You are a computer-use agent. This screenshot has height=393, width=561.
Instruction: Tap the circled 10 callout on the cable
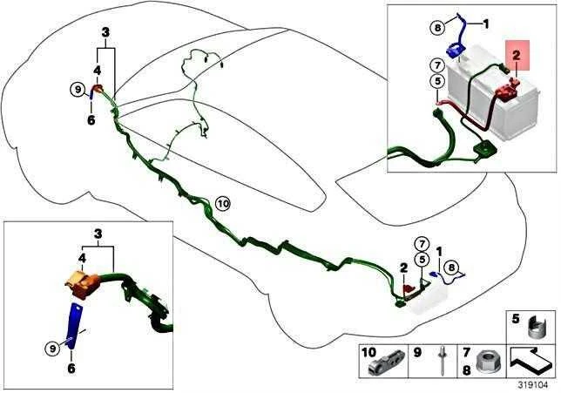point(223,204)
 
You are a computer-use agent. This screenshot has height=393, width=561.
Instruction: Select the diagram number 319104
point(533,385)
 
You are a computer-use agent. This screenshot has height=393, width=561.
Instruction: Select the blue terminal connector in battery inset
point(456,50)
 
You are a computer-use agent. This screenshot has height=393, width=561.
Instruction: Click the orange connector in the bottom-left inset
point(83,282)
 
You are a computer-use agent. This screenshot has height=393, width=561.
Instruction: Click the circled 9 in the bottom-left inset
point(52,349)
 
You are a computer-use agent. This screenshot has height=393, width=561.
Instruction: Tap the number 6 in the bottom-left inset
point(71,368)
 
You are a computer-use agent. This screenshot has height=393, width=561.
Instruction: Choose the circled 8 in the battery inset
point(437,27)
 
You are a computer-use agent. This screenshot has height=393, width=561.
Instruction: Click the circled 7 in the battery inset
point(437,66)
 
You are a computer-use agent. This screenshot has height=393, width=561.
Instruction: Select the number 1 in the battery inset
point(486,24)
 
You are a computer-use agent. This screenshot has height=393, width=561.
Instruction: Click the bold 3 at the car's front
point(105,32)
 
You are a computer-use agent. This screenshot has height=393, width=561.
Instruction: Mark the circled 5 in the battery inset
point(437,82)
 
